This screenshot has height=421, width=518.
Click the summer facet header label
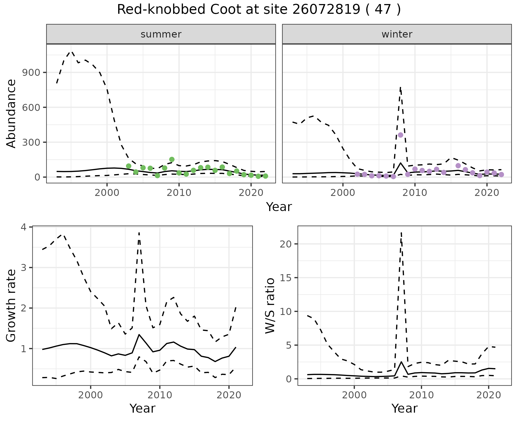click(x=161, y=34)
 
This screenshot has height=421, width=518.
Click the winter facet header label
click(x=397, y=34)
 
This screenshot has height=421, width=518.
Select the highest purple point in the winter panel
click(x=400, y=135)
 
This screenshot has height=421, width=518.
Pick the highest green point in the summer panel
click(x=172, y=159)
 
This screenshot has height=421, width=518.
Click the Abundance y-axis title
click(x=11, y=113)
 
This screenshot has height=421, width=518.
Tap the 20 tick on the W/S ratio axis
click(x=286, y=244)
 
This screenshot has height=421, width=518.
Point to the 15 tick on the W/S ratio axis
click(x=286, y=278)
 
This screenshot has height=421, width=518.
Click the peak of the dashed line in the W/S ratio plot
click(x=401, y=232)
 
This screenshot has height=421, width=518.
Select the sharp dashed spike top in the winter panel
click(x=400, y=87)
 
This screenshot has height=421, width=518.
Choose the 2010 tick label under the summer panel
click(x=179, y=193)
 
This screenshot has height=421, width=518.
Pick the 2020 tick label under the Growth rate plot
click(x=229, y=395)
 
